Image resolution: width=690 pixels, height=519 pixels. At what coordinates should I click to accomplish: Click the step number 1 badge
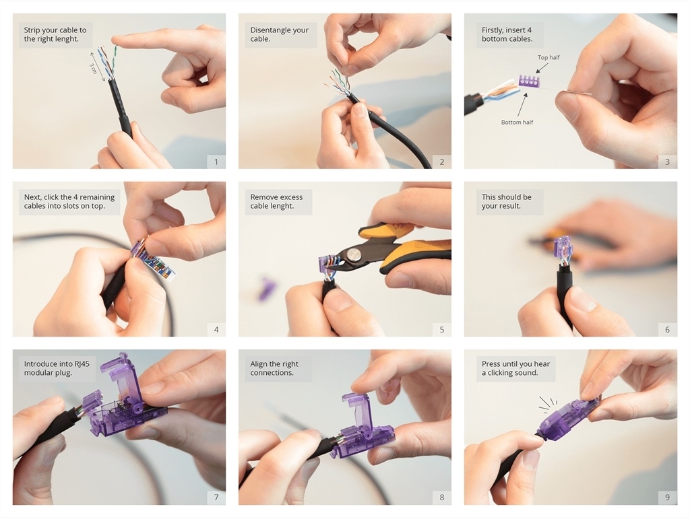(216, 162)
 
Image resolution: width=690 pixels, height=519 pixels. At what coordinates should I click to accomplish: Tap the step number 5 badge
(442, 330)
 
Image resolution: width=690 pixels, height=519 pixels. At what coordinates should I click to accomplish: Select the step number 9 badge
(668, 497)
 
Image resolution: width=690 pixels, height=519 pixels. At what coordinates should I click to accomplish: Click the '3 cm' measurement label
(93, 68)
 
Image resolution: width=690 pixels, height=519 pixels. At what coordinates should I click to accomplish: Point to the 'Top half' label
(548, 58)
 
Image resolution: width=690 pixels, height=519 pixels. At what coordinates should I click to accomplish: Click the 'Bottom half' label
(517, 122)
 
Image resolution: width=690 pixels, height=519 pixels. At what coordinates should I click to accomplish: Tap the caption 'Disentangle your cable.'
(279, 34)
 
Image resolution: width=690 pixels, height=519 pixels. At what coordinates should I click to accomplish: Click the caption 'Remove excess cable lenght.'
(276, 201)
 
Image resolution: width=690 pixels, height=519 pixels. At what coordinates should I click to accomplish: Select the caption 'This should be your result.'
(506, 201)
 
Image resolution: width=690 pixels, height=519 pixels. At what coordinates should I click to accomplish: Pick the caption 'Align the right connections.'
(274, 368)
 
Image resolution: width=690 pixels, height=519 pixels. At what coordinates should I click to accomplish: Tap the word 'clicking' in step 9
(503, 373)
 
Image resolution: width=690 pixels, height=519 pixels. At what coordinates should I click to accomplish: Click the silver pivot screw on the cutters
(352, 254)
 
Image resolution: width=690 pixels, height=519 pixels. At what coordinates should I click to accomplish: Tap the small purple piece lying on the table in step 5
(266, 288)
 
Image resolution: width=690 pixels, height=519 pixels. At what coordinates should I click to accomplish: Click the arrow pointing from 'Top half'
(542, 68)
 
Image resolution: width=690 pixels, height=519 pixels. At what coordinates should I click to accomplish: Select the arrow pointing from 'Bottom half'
(522, 104)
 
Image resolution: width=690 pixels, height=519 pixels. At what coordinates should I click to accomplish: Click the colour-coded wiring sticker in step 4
(160, 265)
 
